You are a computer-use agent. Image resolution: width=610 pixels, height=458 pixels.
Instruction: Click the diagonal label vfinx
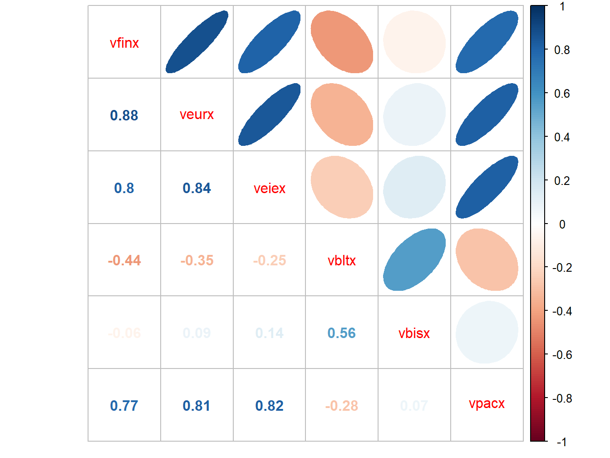click(x=124, y=43)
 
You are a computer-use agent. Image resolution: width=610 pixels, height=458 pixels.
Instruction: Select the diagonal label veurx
click(x=197, y=114)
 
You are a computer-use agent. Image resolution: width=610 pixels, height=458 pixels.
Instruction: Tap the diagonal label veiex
click(x=270, y=188)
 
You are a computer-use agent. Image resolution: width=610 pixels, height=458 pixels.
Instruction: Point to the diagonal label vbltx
click(x=342, y=261)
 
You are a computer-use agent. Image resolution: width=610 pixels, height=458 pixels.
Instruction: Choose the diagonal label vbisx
click(x=414, y=334)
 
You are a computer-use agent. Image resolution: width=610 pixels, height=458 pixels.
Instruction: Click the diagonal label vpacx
click(x=487, y=403)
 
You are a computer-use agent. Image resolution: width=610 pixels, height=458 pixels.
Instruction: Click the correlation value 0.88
click(x=124, y=115)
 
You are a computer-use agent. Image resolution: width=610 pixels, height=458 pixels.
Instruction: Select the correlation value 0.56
click(x=342, y=333)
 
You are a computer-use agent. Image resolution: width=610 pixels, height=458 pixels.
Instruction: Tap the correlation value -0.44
click(x=124, y=260)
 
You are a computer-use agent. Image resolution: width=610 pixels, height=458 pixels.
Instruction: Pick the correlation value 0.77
click(x=124, y=406)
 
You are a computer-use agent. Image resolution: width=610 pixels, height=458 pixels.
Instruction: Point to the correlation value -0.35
click(x=197, y=260)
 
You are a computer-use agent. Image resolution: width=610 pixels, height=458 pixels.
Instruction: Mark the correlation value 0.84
click(x=197, y=188)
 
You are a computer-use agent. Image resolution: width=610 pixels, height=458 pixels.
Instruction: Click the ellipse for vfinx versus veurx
click(x=197, y=42)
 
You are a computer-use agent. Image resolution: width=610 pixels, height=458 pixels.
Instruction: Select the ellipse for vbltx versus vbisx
click(x=414, y=260)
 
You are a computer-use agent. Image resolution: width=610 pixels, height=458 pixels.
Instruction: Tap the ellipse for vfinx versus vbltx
click(x=342, y=42)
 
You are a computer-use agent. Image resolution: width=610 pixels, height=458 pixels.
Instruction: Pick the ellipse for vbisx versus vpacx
click(x=487, y=332)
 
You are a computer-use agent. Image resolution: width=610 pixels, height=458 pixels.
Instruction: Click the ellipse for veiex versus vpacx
click(x=487, y=187)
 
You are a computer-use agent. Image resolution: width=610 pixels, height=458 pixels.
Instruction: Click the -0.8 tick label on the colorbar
click(x=562, y=398)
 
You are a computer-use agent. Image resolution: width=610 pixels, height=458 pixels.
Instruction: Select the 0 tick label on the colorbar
click(x=562, y=224)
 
